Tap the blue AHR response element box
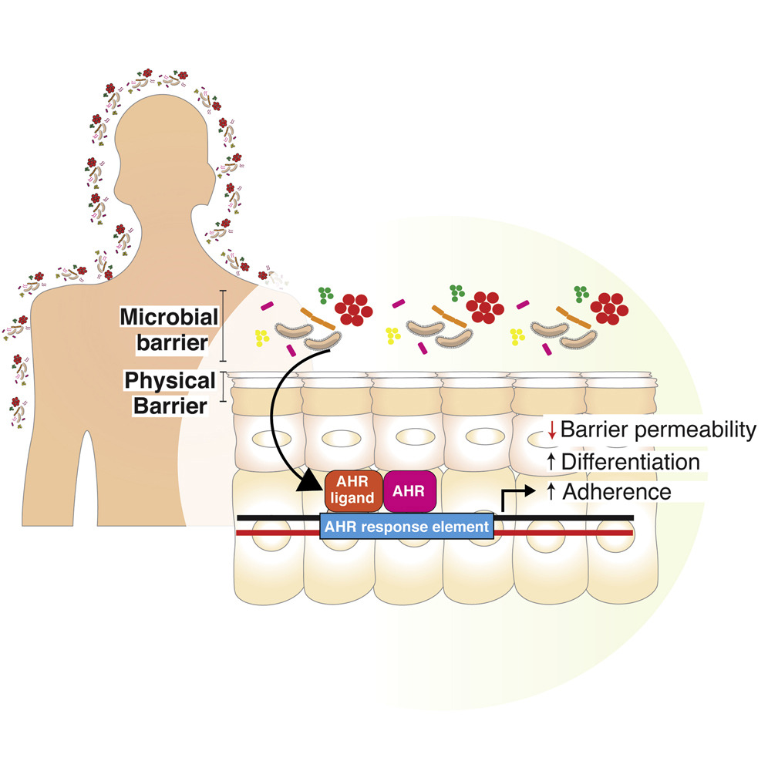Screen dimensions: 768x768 point(406,527)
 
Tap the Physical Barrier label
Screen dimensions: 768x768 point(169,392)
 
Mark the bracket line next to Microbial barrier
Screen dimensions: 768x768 point(224,325)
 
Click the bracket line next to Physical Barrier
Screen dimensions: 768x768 point(224,387)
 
